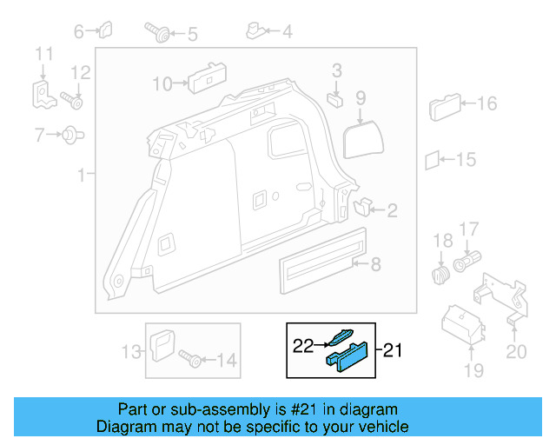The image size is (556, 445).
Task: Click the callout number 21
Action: point(394,351)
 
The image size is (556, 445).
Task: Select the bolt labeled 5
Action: point(162,35)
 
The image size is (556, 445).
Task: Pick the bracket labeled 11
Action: point(42,93)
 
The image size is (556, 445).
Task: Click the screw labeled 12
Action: point(72,102)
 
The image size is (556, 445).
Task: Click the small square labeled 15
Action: point(432,160)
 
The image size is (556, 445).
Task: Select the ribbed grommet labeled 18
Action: point(441,275)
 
